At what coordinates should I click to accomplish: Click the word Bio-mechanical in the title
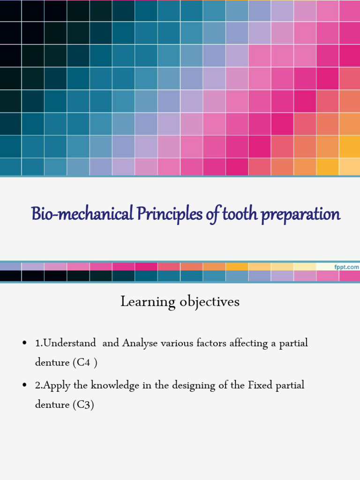[82, 214]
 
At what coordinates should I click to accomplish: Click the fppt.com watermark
[346, 267]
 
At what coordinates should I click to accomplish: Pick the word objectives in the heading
[210, 302]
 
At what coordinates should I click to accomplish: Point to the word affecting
[248, 344]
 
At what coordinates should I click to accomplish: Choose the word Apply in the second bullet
[55, 386]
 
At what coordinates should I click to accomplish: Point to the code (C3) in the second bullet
[83, 405]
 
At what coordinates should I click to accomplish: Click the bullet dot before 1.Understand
[24, 344]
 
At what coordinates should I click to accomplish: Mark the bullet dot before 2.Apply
[24, 386]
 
